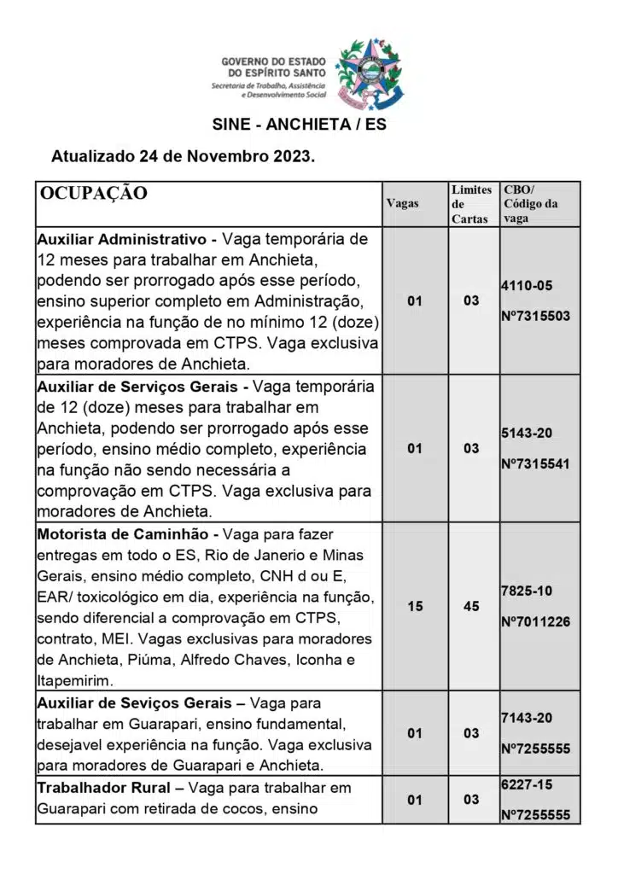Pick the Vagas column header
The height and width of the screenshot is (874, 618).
403,204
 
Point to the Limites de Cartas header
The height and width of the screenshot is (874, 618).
470,204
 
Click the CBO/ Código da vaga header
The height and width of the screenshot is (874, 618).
530,204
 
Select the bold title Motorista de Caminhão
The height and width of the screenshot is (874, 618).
125,533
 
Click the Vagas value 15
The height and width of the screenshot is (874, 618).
415,607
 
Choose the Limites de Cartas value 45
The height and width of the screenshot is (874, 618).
471,607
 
